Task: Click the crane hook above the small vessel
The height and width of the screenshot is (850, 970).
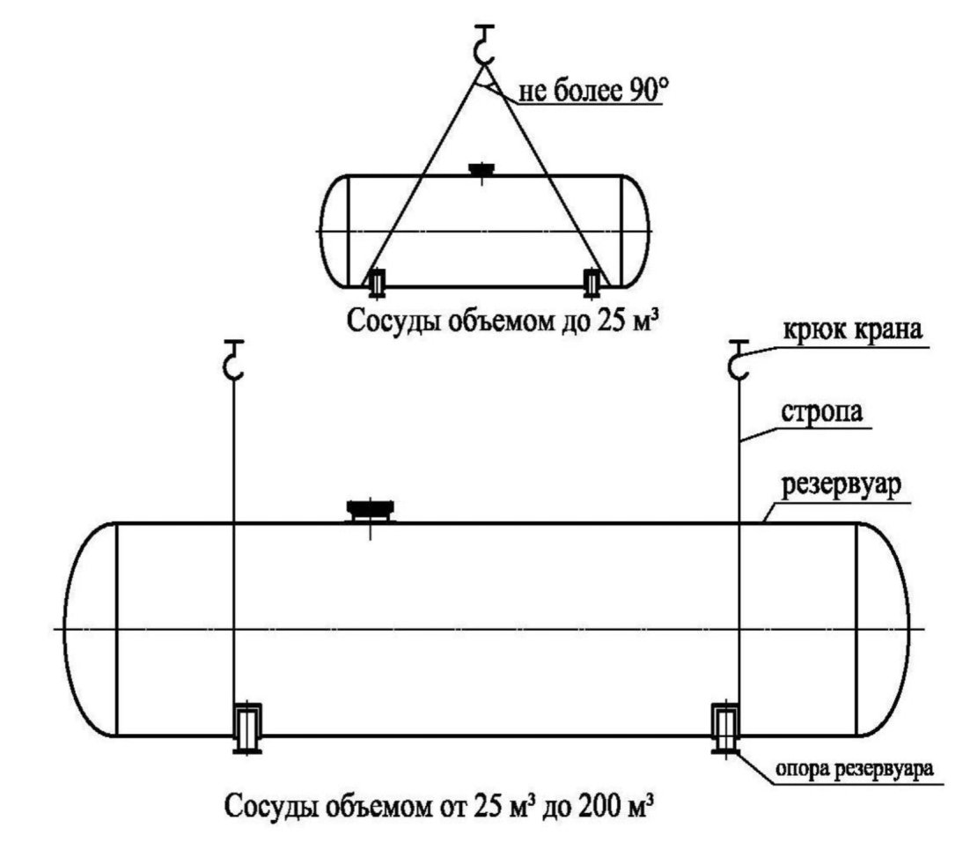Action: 484,45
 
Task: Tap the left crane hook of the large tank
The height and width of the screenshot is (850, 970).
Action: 233,359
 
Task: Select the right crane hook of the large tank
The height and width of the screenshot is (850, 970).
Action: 739,359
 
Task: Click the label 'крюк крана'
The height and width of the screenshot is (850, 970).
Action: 853,330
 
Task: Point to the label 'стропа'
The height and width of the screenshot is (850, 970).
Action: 822,412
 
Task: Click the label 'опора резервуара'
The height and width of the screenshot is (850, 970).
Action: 855,769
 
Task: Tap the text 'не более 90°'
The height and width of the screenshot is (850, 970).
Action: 593,92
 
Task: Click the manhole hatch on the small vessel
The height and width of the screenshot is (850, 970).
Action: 481,170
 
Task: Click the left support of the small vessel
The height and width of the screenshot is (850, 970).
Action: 376,282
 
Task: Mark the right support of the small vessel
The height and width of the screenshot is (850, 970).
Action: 592,282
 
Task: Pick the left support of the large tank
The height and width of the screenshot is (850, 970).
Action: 247,728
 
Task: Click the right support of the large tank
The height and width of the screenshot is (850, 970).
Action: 725,728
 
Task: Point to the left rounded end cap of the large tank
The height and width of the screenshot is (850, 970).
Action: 91,630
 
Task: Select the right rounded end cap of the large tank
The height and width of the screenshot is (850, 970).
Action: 883,630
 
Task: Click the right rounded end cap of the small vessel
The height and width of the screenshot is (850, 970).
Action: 636,232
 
